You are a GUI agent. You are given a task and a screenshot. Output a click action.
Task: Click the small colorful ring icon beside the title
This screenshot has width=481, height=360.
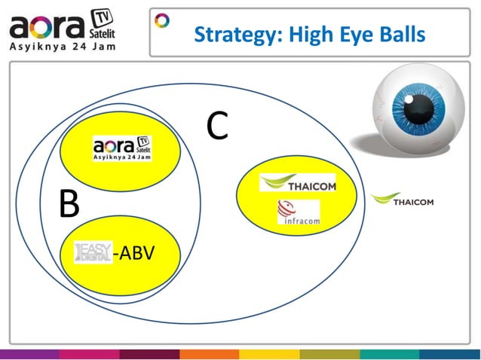click(x=162, y=20)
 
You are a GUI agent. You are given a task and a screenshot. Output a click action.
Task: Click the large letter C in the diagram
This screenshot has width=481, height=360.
click(x=217, y=128)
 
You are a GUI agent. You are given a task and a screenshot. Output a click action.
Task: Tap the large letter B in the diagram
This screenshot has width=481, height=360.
click(x=69, y=204)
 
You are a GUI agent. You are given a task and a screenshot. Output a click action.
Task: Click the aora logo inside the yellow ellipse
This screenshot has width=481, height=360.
click(x=121, y=147)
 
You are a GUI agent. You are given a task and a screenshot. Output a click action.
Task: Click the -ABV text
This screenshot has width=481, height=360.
click(x=133, y=252)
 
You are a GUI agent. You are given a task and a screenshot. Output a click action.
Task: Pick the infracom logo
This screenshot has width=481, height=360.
click(x=299, y=213)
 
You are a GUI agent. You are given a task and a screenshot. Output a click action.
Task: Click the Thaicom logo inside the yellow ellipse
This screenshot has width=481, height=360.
click(x=297, y=183)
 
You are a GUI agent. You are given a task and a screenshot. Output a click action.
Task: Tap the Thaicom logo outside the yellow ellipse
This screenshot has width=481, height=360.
click(x=402, y=200)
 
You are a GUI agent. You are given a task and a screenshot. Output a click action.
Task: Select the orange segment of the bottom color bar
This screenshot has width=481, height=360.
click(x=209, y=354)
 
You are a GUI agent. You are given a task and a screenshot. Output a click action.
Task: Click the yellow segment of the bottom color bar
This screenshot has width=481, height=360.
click(x=269, y=354)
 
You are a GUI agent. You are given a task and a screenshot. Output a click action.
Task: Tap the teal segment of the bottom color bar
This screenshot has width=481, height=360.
click(x=389, y=354)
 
